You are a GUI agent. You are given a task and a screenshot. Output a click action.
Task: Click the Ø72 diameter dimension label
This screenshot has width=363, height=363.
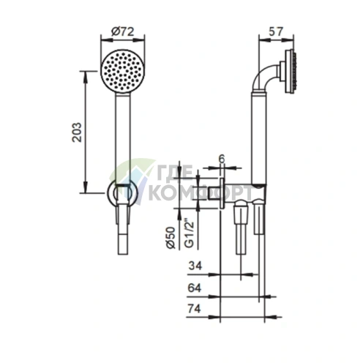click(122, 31)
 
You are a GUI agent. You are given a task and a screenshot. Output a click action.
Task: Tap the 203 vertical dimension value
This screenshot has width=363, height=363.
click(78, 132)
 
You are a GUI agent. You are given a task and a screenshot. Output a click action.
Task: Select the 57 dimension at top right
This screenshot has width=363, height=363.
click(276, 31)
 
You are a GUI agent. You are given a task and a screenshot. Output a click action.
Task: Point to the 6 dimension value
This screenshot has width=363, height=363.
click(221, 159)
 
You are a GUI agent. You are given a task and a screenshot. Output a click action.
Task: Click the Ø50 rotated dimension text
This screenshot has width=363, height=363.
click(171, 237)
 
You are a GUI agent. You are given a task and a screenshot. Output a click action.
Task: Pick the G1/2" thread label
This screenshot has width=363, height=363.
click(190, 235)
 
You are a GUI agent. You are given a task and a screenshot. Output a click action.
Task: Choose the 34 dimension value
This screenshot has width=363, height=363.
click(195, 266)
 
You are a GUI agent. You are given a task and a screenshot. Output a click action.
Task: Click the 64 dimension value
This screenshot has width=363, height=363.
click(195, 288)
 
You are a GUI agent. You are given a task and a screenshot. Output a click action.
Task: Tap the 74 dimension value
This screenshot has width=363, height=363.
click(195, 309)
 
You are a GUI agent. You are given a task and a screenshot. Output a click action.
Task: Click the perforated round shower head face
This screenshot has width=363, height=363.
click(122, 71)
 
